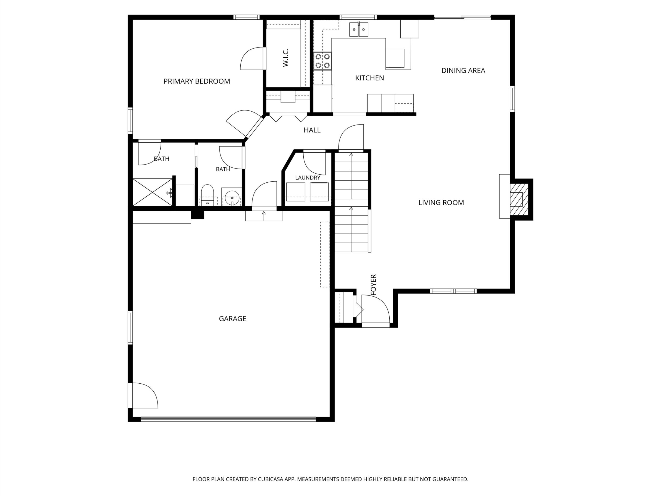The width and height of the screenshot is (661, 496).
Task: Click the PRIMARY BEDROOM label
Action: [x=197, y=81]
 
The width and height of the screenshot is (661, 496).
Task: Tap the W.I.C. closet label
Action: [x=286, y=57]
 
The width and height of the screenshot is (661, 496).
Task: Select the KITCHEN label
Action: [x=369, y=78]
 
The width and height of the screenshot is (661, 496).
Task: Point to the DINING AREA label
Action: [x=463, y=71]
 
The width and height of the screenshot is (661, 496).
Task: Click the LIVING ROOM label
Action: [x=441, y=203]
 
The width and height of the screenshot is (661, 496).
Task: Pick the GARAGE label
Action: [x=232, y=319]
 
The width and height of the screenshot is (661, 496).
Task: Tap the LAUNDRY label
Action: [x=308, y=177]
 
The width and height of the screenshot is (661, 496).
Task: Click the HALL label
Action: [x=312, y=130]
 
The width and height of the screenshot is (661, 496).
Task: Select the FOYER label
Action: [x=373, y=285]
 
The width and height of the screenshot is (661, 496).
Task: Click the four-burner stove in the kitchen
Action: [x=322, y=61]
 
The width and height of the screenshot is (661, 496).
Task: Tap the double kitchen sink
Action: [x=359, y=29]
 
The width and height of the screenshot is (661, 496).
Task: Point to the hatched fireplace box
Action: [x=519, y=199]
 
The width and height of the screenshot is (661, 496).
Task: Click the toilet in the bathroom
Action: [x=207, y=195]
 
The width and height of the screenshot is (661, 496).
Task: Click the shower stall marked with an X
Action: [x=152, y=192]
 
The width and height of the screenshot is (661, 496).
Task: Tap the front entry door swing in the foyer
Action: [x=376, y=309]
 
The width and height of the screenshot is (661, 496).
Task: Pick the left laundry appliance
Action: [x=296, y=192]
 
